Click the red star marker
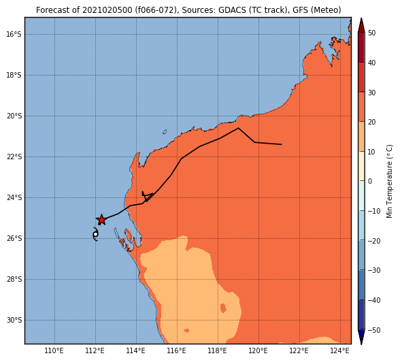[101, 220]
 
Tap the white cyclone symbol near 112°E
[95, 234]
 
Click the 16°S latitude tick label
[14, 34]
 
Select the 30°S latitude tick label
[14, 321]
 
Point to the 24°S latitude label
[14, 197]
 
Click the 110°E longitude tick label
[54, 350]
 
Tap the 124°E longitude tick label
[340, 350]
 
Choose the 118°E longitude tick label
[218, 350]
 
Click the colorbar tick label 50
[372, 33]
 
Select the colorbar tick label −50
[374, 330]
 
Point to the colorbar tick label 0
[370, 181]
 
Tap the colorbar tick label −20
[374, 241]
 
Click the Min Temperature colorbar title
[389, 181]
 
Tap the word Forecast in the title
[53, 10]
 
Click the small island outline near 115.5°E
[165, 132]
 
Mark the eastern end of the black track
[282, 144]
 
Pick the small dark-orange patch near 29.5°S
[223, 308]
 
